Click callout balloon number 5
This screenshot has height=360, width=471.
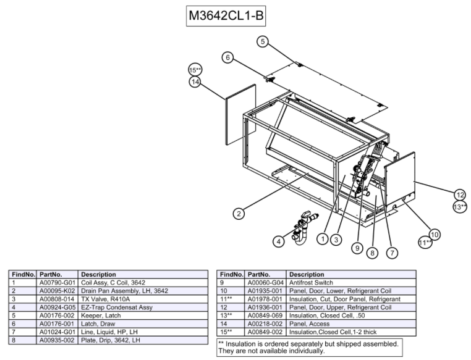263,41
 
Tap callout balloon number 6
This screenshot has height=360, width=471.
227,57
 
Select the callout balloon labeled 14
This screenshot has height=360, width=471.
195,82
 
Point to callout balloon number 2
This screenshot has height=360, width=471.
238,214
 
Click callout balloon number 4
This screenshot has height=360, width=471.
279,241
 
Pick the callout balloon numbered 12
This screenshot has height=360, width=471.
459,195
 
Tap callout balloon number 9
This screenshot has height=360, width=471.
357,248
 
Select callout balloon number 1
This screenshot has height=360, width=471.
322,238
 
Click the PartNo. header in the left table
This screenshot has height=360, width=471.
51,274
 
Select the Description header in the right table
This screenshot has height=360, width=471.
307,274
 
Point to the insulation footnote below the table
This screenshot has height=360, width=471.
308,346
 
